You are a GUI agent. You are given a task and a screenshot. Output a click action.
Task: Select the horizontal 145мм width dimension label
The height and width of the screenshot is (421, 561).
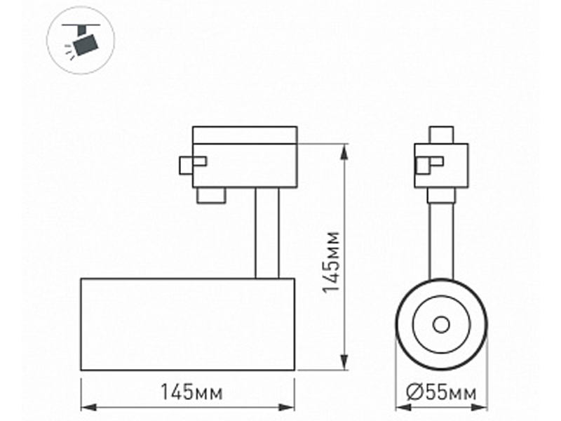pyautogui.click(x=191, y=392)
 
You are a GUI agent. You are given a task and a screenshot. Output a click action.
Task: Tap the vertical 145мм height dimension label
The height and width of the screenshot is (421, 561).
pyautogui.click(x=330, y=262)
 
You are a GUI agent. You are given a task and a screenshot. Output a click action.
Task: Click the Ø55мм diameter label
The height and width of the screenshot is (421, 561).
pyautogui.click(x=442, y=392)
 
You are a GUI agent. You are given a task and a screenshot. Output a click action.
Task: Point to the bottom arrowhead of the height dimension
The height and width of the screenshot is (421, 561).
pyautogui.click(x=344, y=362)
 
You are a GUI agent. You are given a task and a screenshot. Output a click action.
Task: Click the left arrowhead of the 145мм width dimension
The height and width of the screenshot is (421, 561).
pyautogui.click(x=89, y=408)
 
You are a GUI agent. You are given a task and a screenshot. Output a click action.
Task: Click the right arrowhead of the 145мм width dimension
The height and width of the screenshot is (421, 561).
pyautogui.click(x=287, y=408)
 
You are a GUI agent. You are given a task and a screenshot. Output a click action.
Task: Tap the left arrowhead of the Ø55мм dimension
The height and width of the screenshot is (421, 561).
pyautogui.click(x=403, y=408)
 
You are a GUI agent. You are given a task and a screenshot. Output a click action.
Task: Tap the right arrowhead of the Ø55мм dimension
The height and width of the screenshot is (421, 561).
pyautogui.click(x=480, y=408)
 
